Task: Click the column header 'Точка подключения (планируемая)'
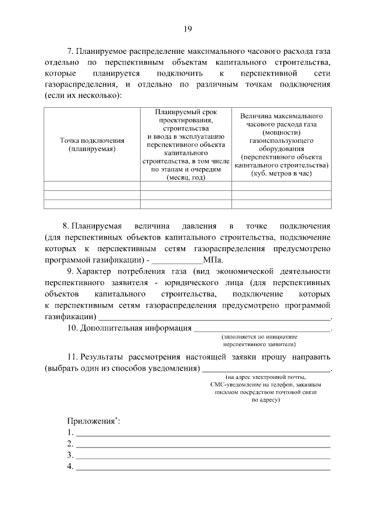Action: [92, 145]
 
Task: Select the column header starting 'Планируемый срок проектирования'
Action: [186, 145]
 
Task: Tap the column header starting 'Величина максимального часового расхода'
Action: [281, 145]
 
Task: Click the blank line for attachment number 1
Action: [203, 435]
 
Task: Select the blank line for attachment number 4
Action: [203, 469]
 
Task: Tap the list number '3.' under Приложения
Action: [70, 455]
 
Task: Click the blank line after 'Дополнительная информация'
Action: [262, 330]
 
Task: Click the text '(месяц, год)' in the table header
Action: [186, 177]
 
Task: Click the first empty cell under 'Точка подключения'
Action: [92, 187]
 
